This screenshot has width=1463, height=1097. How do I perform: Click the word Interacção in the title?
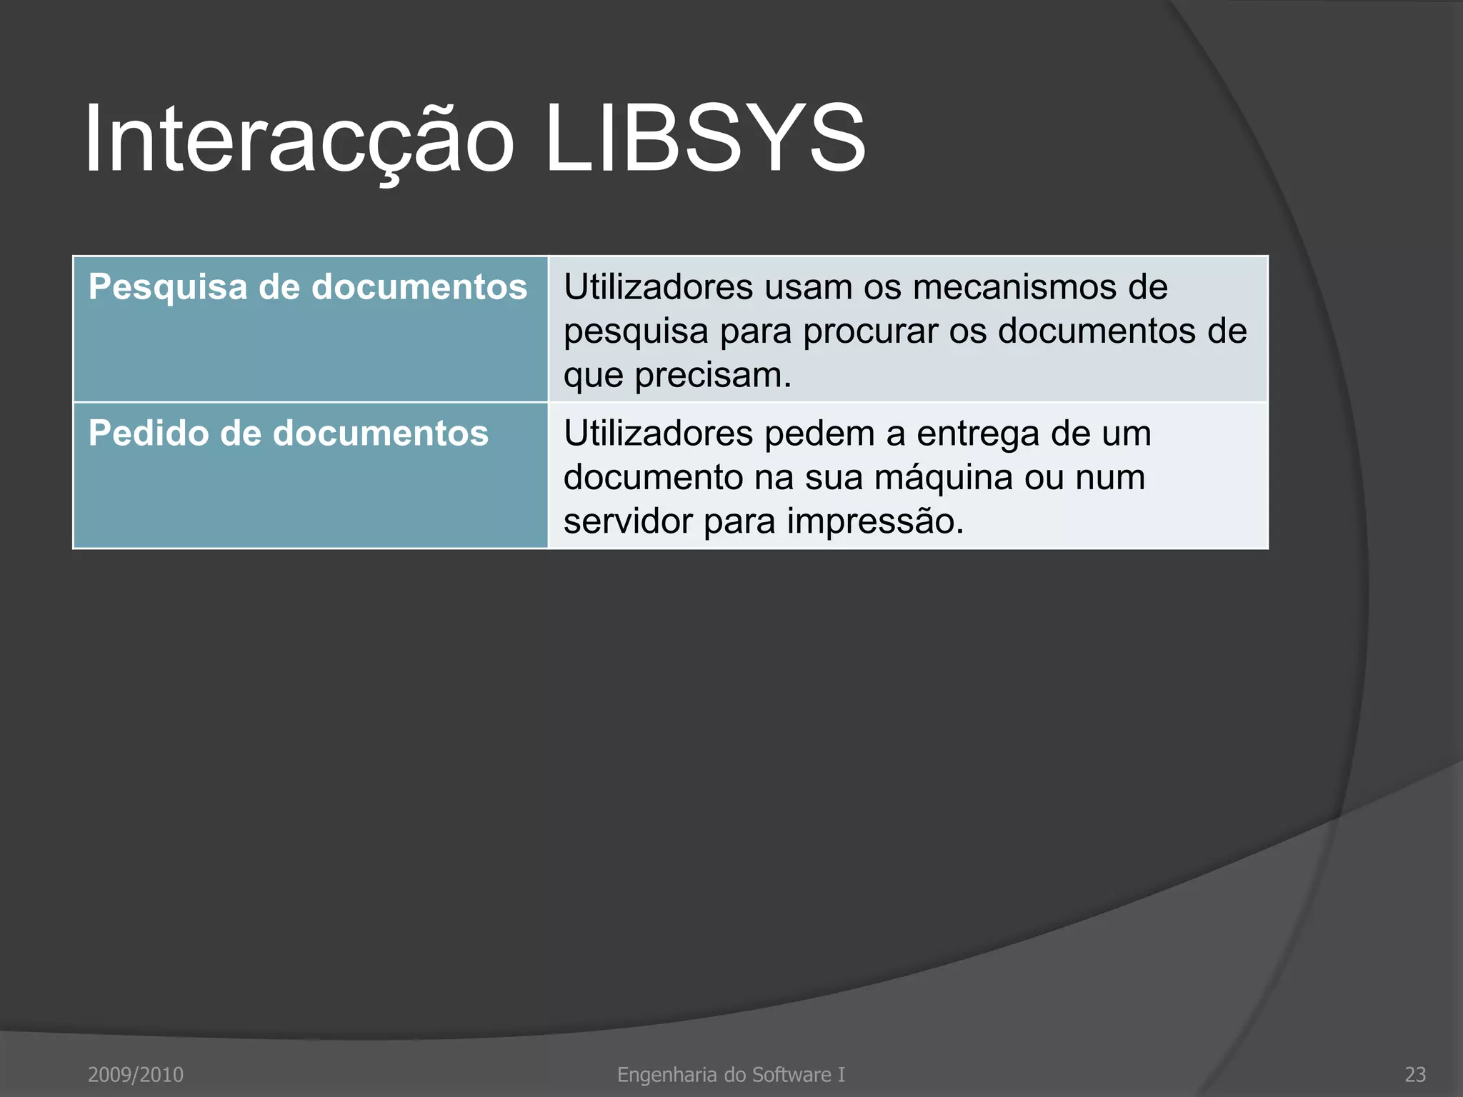coord(299,139)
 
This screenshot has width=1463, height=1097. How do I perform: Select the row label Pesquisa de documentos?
coord(308,287)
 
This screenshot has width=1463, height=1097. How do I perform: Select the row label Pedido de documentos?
coord(289,434)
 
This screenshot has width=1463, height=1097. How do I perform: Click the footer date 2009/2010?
coord(136,1074)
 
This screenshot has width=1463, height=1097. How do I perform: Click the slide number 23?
coord(1415,1074)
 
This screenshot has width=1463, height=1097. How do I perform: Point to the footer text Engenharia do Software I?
coord(731,1074)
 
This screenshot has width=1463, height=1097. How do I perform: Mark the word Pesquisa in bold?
coord(168,287)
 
